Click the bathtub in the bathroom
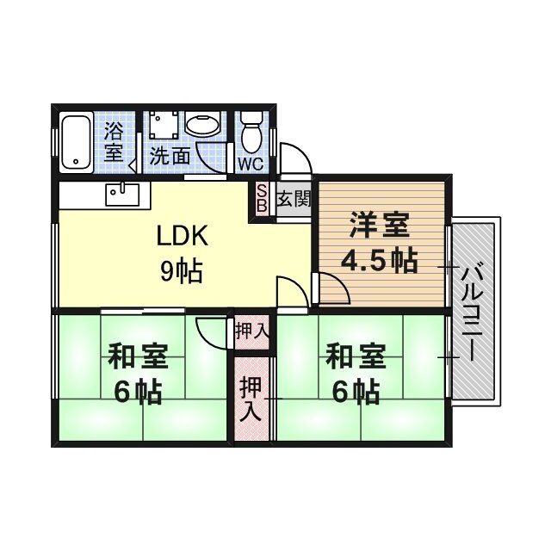point(77,141)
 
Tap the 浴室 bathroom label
point(114,143)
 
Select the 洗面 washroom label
point(170,157)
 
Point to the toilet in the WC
point(251,133)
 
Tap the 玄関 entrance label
point(293,200)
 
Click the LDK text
point(178,235)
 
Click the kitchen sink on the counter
point(121,193)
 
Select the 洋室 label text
point(379,226)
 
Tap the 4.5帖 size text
point(379,259)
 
